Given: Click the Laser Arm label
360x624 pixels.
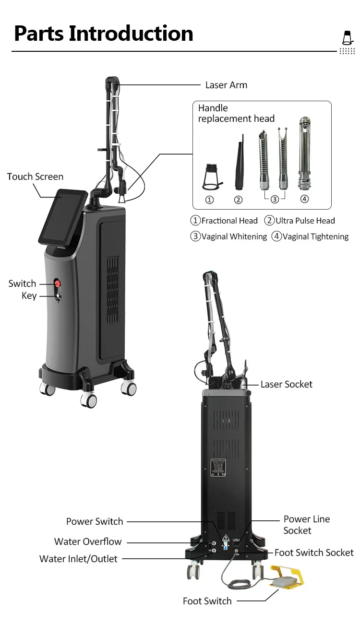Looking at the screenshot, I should tap(226, 85).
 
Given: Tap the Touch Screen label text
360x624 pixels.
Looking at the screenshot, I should tap(35, 177).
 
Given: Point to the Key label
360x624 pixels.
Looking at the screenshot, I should tap(29, 296).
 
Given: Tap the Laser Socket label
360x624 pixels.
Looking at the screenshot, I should tap(286, 384).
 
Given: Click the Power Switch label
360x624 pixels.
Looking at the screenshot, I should tap(95, 521).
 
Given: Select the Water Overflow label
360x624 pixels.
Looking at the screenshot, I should tap(88, 542).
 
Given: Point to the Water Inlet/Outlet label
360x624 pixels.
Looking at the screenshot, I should tap(78, 559).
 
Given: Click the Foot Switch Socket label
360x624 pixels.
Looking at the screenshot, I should tap(314, 553).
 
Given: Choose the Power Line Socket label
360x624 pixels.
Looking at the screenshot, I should tap(306, 525).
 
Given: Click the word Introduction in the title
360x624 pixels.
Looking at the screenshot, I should tap(131, 34).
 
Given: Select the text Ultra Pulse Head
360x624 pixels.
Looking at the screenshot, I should tap(305, 221).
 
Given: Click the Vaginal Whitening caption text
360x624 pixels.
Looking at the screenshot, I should tap(234, 236).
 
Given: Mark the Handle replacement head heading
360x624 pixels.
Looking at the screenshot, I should tap(236, 113).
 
